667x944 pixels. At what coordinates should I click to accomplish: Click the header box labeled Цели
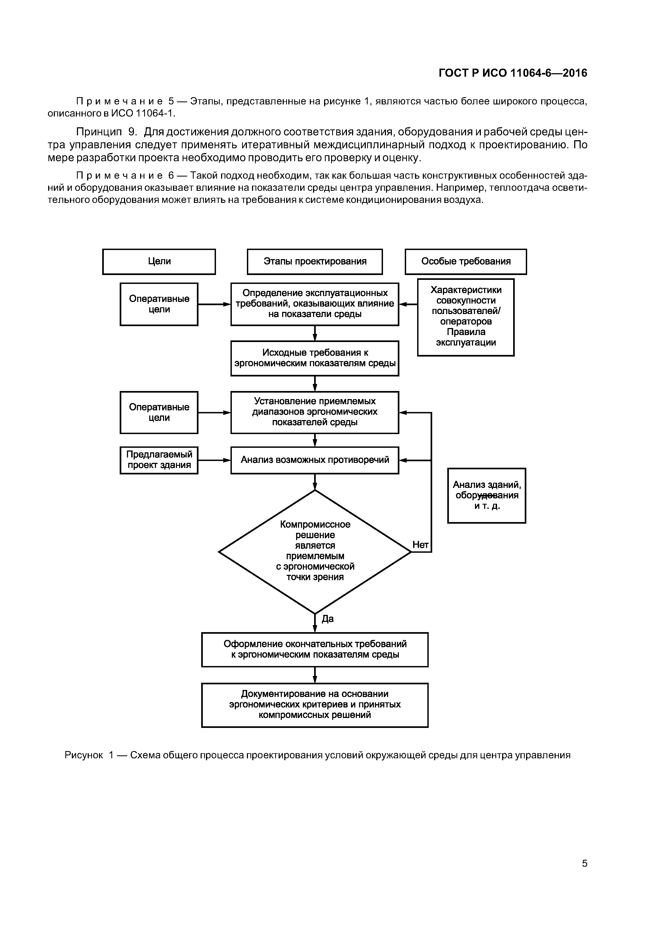[x=159, y=262]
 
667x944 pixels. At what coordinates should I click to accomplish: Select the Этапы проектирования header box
[x=315, y=262]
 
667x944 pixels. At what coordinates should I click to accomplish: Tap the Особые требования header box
[x=466, y=262]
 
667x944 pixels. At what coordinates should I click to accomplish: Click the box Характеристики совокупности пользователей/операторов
[x=466, y=317]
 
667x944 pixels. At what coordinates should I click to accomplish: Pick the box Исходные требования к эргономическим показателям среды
[x=315, y=358]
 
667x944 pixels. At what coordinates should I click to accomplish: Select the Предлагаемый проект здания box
[x=159, y=460]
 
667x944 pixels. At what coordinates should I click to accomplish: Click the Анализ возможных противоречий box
[x=315, y=460]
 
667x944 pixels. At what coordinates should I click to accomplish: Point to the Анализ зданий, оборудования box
[x=487, y=495]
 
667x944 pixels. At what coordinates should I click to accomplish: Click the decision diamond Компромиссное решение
[x=315, y=551]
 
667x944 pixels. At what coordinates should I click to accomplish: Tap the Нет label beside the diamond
[x=420, y=545]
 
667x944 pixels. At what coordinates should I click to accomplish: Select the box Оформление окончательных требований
[x=315, y=649]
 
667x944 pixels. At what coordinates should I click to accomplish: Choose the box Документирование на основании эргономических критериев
[x=315, y=705]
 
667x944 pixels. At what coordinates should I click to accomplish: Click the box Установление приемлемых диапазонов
[x=315, y=412]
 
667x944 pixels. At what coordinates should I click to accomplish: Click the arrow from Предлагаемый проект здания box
[x=214, y=460]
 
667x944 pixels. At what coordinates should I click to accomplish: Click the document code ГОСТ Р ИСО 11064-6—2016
[x=513, y=73]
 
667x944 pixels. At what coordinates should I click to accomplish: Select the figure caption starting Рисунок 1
[x=317, y=755]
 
